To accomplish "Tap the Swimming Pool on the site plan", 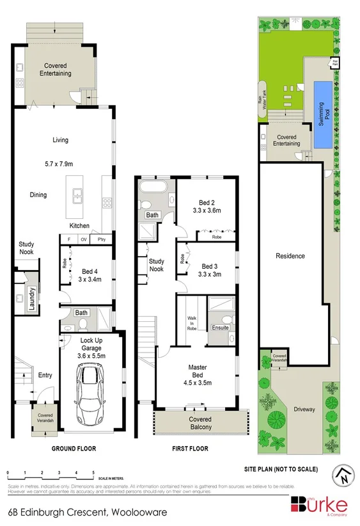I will pos(326,113).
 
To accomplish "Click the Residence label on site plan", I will pos(290,256).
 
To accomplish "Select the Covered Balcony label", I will pos(200,423).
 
